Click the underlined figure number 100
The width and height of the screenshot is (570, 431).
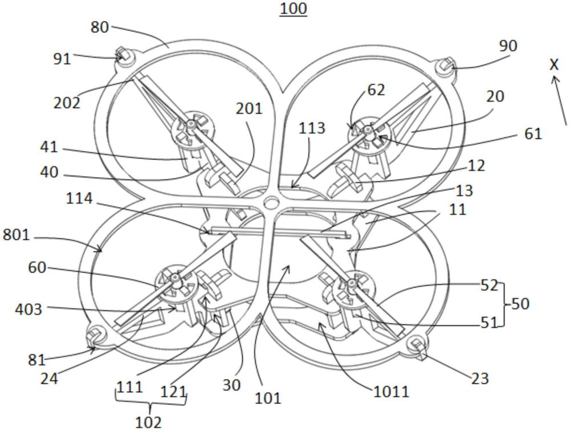294,9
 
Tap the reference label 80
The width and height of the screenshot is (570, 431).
100,27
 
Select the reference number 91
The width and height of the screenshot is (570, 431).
62,59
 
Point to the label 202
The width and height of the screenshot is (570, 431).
67,103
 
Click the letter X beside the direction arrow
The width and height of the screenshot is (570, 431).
554,65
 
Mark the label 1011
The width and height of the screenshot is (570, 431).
391,392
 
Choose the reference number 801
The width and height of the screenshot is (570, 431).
16,235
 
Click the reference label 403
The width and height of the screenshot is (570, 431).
28,310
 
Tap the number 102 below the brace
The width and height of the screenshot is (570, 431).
149,422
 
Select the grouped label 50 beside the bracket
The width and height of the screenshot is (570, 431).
520,304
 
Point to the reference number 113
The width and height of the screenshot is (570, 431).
312,128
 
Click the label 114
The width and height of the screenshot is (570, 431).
79,198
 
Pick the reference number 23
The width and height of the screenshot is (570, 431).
480,379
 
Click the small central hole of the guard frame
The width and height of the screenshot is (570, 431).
270,201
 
